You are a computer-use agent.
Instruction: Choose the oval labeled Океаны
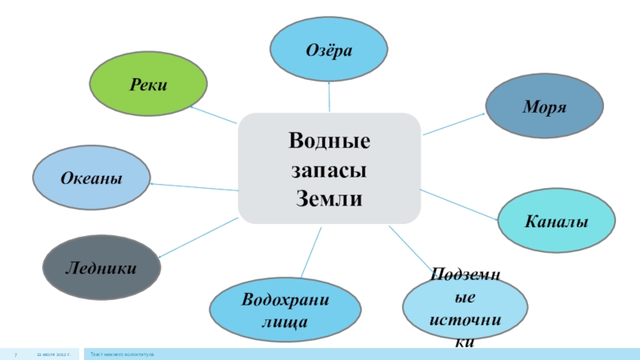pos(91,178)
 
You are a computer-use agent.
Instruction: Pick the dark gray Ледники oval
pos(100,267)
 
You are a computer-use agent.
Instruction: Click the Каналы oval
pos(557,220)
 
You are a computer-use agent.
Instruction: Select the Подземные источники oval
pos(465,309)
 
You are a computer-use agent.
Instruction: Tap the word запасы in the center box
pos(330,170)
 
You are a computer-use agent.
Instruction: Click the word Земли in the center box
pos(330,197)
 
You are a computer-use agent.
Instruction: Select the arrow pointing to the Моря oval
pos(454,123)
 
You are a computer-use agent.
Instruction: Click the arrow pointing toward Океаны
pos(194,187)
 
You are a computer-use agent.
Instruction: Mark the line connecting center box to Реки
pos(214,114)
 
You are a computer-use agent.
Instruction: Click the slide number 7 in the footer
pos(16,353)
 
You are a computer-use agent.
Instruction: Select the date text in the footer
pos(52,353)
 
